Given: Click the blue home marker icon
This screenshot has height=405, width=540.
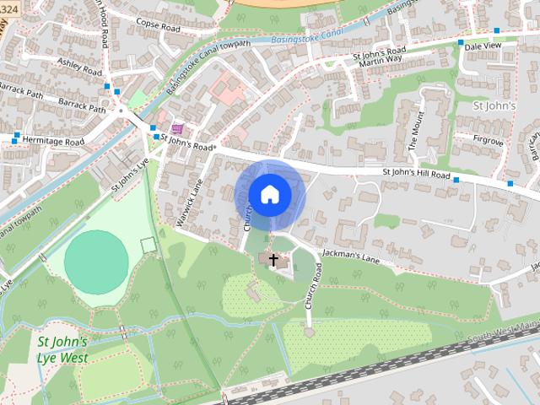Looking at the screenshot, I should pos(269,194).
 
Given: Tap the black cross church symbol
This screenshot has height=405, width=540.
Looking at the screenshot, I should pos(273,258).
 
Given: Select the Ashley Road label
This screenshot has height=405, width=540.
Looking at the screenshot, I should pos(79,63).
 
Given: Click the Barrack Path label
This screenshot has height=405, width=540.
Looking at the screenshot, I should pos(82,109).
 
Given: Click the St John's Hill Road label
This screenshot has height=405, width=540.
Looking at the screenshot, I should pos(418,174).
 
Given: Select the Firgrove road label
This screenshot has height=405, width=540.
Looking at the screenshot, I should pos(488,142).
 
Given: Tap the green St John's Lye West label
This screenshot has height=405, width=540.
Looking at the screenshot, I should pos(62,348).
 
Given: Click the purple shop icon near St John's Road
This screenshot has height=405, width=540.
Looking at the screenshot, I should pos(176,128).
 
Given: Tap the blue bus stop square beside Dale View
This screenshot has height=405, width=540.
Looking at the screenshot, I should pos(461,42).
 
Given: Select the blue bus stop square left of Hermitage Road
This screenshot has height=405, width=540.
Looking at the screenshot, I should pos(17,135).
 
